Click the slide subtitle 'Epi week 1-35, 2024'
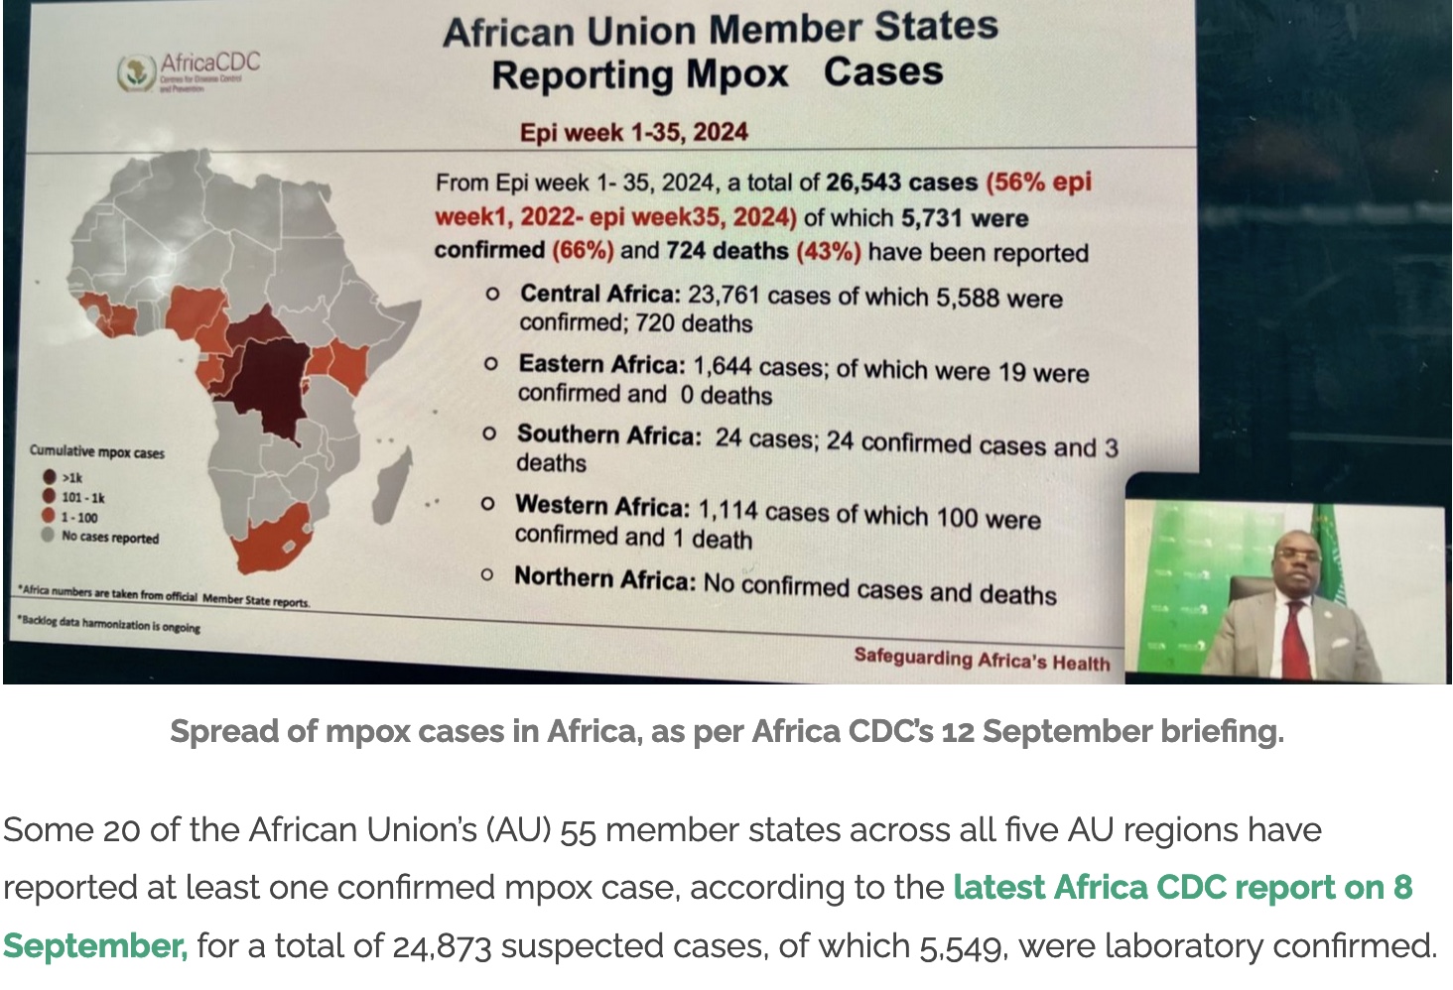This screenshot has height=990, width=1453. [x=633, y=133]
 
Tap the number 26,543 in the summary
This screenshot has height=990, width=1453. [x=863, y=183]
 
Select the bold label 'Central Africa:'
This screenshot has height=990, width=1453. [x=599, y=295]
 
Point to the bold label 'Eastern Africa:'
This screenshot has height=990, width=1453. [x=601, y=365]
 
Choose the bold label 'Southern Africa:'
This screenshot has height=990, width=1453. [x=608, y=435]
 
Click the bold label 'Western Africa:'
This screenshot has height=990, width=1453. [x=601, y=507]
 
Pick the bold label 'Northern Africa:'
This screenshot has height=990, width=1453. [x=604, y=578]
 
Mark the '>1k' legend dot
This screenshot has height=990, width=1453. [x=49, y=477]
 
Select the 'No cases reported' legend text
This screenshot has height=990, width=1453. [x=110, y=538]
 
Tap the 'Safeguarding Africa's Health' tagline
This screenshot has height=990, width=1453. [x=982, y=660]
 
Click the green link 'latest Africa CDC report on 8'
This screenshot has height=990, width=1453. [x=1182, y=887]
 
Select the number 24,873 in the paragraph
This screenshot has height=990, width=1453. [x=442, y=946]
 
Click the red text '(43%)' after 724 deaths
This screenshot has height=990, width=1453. [x=828, y=251]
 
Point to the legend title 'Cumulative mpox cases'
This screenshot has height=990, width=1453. [x=97, y=452]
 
